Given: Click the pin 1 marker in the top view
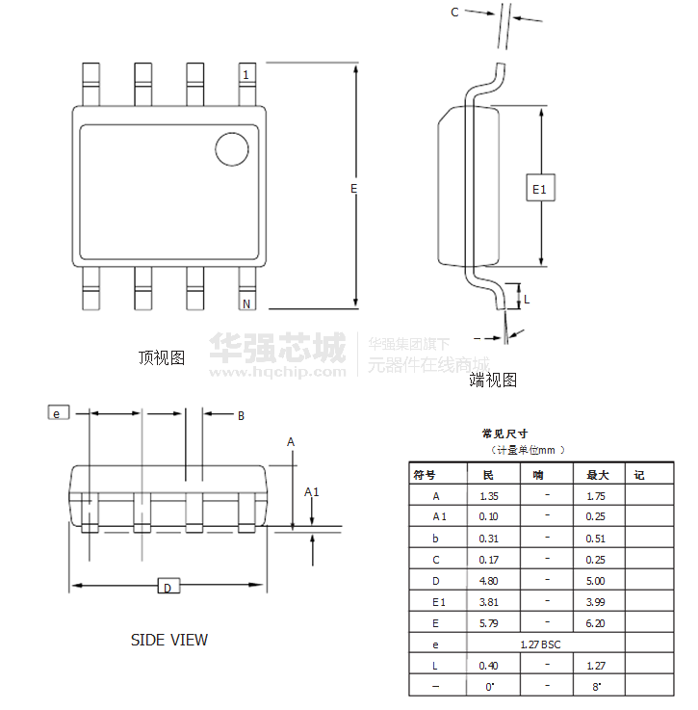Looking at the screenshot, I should [246, 75].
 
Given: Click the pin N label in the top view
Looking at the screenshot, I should [246, 304].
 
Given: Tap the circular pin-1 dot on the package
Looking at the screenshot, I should [230, 149].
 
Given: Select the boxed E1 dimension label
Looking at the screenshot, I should [540, 190].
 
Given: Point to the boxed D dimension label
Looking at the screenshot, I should [167, 587].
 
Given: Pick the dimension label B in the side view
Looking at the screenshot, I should [241, 416].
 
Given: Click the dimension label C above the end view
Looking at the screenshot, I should [454, 12].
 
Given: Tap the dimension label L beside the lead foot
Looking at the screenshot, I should [527, 299].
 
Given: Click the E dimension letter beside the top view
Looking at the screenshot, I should [353, 189].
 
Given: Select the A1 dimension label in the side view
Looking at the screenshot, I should [311, 492].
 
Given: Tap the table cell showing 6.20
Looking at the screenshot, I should [596, 622].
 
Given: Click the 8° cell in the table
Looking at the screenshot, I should [596, 686].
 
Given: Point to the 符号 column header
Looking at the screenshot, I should [425, 475].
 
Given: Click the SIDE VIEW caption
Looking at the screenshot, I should [168, 640].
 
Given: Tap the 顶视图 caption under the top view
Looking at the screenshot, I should [162, 358].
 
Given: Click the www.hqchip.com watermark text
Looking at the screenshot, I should [278, 371].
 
